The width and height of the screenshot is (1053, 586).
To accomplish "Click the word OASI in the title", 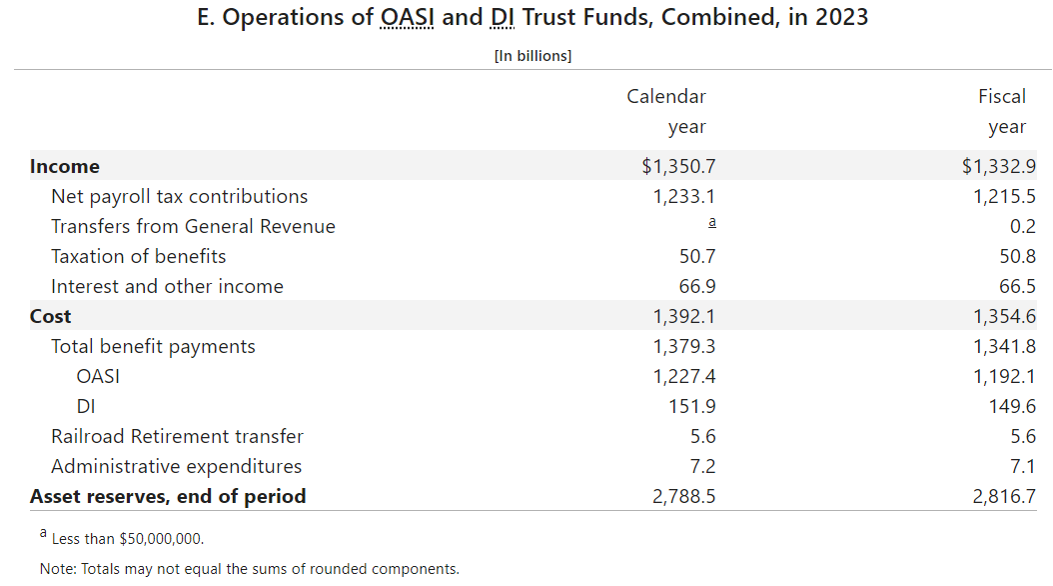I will [408, 19].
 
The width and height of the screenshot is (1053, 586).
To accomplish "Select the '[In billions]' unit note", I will [532, 56].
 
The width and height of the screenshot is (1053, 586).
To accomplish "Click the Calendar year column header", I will [666, 111].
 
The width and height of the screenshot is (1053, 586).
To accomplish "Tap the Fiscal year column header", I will [1002, 111].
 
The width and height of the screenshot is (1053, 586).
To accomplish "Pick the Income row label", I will [65, 167].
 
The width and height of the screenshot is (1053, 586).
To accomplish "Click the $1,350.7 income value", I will [678, 167].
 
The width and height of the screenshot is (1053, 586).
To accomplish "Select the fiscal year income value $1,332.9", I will [998, 167].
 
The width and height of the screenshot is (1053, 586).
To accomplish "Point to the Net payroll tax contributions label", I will [180, 197].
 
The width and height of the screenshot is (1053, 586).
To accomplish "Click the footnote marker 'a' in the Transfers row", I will [711, 224].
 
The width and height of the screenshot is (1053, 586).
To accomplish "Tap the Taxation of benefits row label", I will [139, 257].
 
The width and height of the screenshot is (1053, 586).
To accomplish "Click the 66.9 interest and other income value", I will [697, 287].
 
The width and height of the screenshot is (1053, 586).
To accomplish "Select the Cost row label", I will [51, 317].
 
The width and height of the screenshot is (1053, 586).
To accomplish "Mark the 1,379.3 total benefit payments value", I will [684, 347].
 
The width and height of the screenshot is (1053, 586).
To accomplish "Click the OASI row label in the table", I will [98, 377].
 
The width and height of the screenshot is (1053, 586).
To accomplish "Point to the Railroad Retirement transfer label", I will [177, 437].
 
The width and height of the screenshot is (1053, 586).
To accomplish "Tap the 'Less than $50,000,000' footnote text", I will [127, 539].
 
